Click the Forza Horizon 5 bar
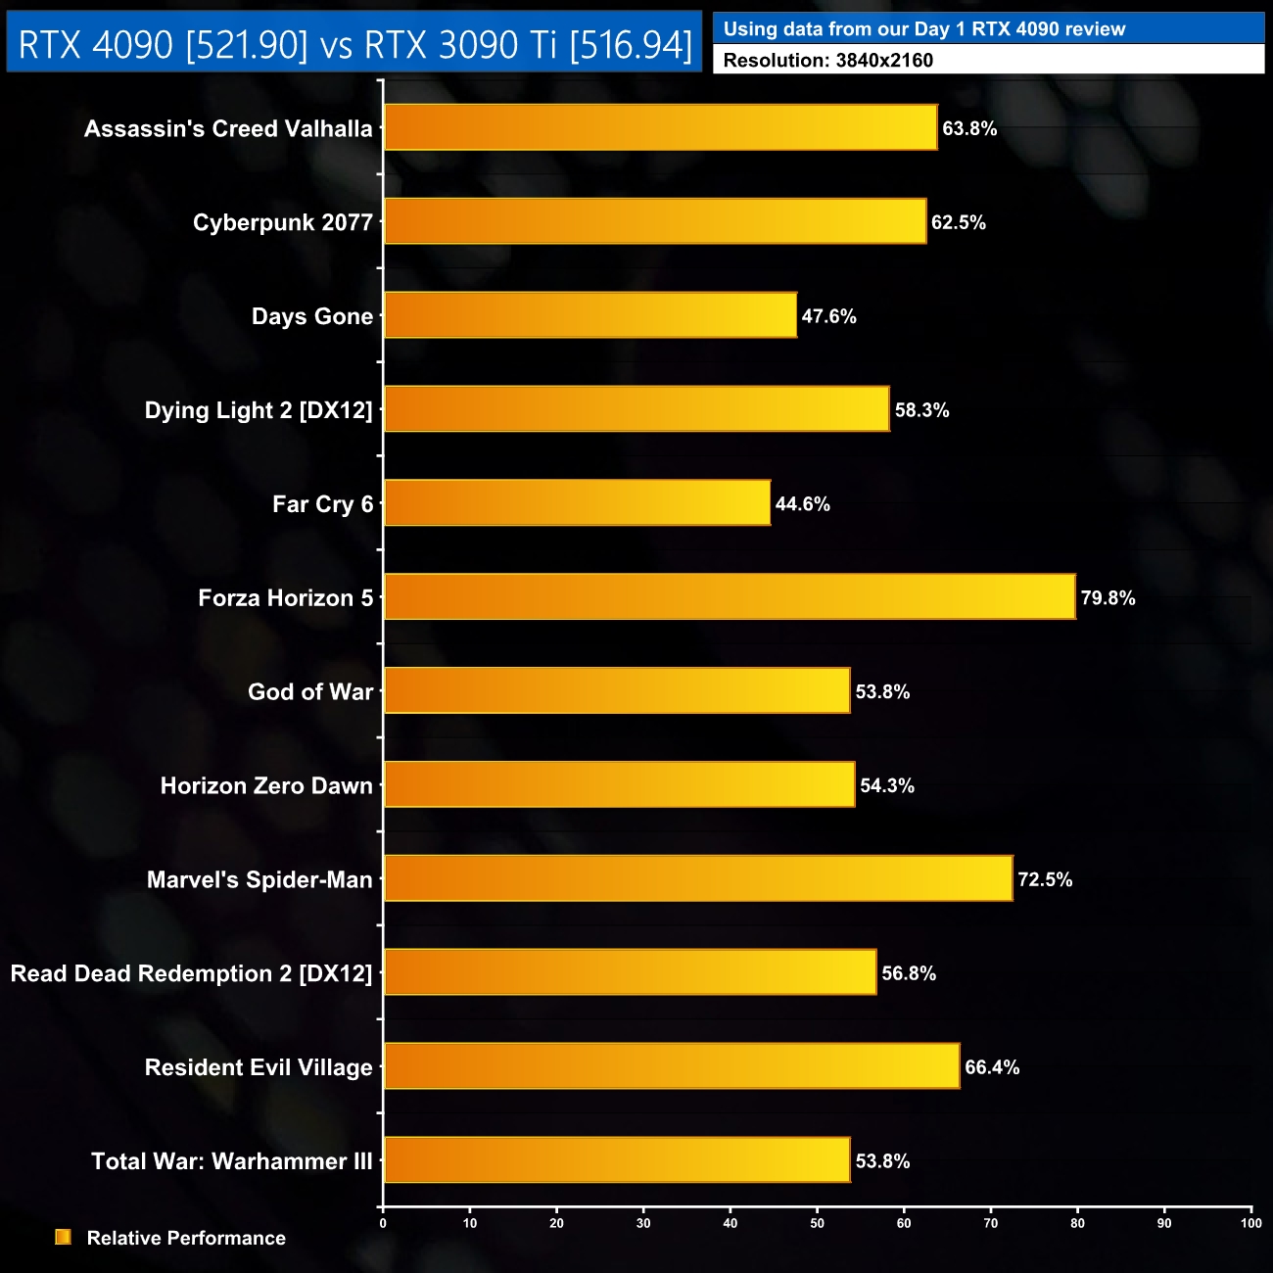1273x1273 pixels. (730, 596)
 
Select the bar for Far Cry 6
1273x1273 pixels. (577, 502)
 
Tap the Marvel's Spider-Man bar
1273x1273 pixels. (698, 878)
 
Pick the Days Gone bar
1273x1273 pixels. (590, 314)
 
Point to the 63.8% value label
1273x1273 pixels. (969, 128)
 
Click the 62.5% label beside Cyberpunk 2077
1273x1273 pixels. (958, 222)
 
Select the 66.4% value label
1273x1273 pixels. (992, 1067)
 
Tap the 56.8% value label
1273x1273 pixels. (909, 973)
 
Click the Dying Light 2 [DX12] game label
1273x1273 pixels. (259, 410)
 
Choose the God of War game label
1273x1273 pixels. (310, 692)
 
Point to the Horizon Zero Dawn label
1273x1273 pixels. (266, 786)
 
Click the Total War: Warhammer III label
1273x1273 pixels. (232, 1161)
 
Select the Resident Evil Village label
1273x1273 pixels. (259, 1067)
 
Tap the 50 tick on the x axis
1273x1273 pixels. (817, 1223)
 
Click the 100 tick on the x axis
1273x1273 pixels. (1250, 1223)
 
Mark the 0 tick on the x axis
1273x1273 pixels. (383, 1223)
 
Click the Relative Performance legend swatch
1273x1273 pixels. (64, 1238)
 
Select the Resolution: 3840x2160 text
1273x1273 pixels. (828, 61)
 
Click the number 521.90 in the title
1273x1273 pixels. (247, 44)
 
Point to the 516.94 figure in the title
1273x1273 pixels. (631, 44)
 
